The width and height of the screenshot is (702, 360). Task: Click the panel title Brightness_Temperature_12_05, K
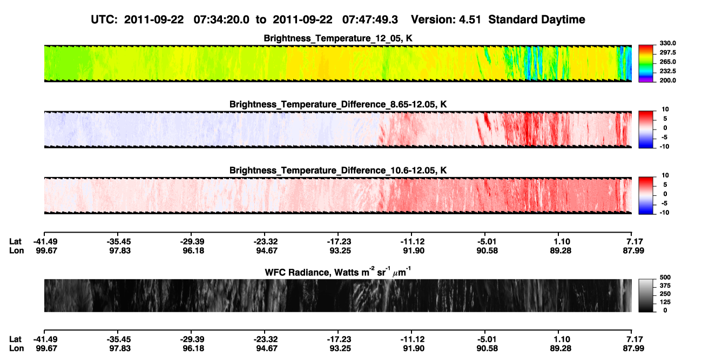pyautogui.click(x=338, y=38)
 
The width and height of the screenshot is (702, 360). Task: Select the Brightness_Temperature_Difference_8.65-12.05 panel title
pyautogui.click(x=338, y=104)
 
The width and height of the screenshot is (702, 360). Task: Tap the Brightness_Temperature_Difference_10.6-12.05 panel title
pyautogui.click(x=338, y=171)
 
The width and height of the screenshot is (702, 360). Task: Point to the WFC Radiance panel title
pyautogui.click(x=338, y=271)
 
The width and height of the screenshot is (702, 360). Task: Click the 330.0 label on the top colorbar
pyautogui.click(x=667, y=43)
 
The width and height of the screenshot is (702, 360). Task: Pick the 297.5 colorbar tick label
pyautogui.click(x=667, y=52)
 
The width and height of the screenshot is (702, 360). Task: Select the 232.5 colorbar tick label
pyautogui.click(x=667, y=71)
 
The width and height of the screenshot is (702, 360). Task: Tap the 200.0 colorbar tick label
pyautogui.click(x=667, y=80)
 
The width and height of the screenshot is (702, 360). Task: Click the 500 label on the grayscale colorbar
pyautogui.click(x=665, y=277)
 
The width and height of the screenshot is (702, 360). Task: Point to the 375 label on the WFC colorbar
pyautogui.click(x=665, y=286)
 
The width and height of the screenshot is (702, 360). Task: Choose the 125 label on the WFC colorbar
pyautogui.click(x=665, y=302)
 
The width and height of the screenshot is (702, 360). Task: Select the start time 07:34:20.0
pyautogui.click(x=221, y=19)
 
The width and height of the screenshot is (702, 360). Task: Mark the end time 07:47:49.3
pyautogui.click(x=370, y=19)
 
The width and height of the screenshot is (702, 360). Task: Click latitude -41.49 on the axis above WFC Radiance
pyautogui.click(x=46, y=242)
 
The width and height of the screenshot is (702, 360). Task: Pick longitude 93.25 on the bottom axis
pyautogui.click(x=340, y=349)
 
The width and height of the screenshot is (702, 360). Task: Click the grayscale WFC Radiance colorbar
pyautogui.click(x=646, y=295)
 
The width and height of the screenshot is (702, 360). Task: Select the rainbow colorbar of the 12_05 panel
pyautogui.click(x=646, y=64)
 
